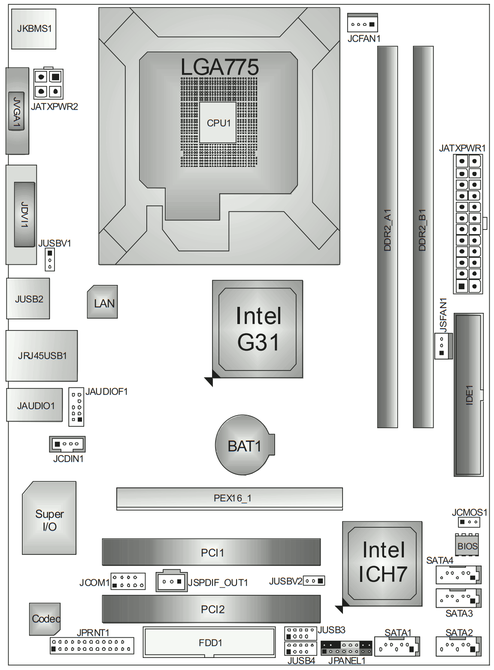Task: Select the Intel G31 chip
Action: pyautogui.click(x=258, y=329)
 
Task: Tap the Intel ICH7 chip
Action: pyautogui.click(x=382, y=563)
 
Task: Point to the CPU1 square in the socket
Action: pyautogui.click(x=218, y=123)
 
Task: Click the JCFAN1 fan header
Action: pyautogui.click(x=363, y=24)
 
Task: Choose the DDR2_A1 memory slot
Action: pyautogui.click(x=387, y=236)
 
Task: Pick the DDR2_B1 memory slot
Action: pyautogui.click(x=423, y=236)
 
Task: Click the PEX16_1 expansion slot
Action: pyautogui.click(x=230, y=498)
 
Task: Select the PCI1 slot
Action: pyautogui.click(x=211, y=552)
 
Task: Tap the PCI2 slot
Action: pyautogui.click(x=211, y=609)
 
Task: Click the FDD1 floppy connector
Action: pyautogui.click(x=209, y=642)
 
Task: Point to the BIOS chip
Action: pyautogui.click(x=467, y=546)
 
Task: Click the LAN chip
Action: pyautogui.click(x=103, y=303)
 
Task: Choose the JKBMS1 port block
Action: pyautogui.click(x=34, y=29)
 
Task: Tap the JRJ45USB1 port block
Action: pyautogui.click(x=42, y=355)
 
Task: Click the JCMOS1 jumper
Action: pyautogui.click(x=469, y=522)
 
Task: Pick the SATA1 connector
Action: pyautogui.click(x=397, y=646)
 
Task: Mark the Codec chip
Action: pyautogui.click(x=45, y=619)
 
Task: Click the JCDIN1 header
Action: pyautogui.click(x=67, y=444)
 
